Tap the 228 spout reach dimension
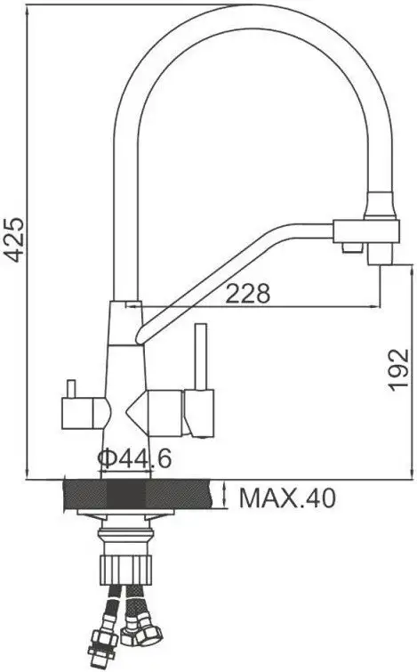point(246,295)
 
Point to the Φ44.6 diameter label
point(134,460)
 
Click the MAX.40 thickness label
point(287,498)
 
